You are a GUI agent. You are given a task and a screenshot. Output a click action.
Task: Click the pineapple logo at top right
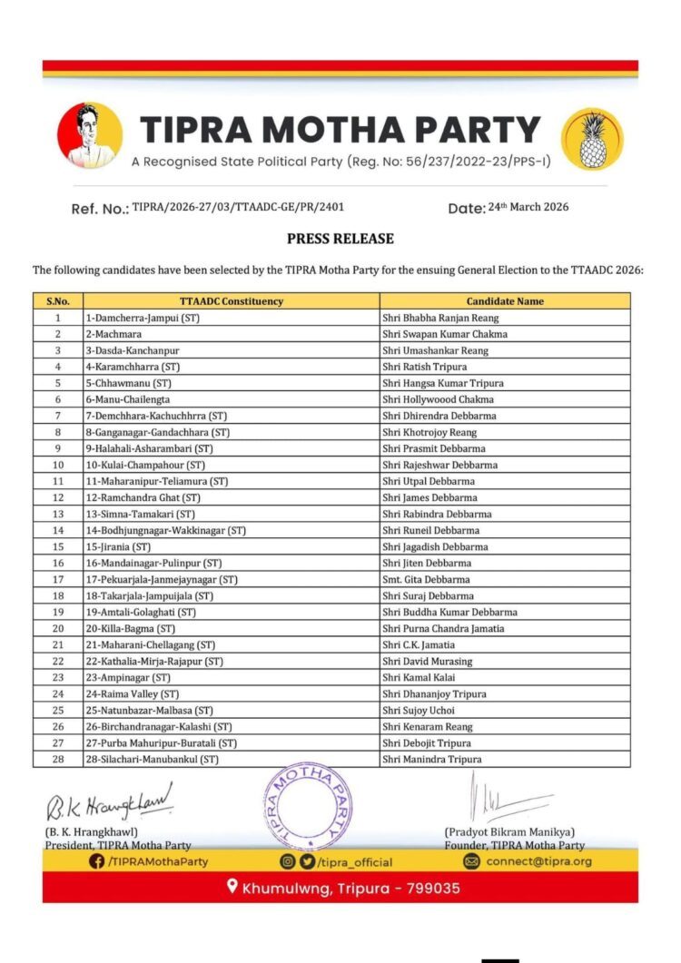coord(593,139)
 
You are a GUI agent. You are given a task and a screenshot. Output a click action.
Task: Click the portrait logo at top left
coord(90,135)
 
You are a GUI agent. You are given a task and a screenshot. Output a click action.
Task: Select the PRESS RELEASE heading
coord(340,239)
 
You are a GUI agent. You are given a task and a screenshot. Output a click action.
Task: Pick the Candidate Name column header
coord(505,301)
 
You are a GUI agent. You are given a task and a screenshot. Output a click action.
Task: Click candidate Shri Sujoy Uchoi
coord(419,710)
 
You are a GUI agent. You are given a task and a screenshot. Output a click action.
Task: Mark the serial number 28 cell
coord(57,759)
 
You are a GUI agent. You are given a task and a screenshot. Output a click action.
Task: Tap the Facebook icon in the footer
coord(97,861)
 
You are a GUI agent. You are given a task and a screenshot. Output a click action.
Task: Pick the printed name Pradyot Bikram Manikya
coord(509,832)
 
